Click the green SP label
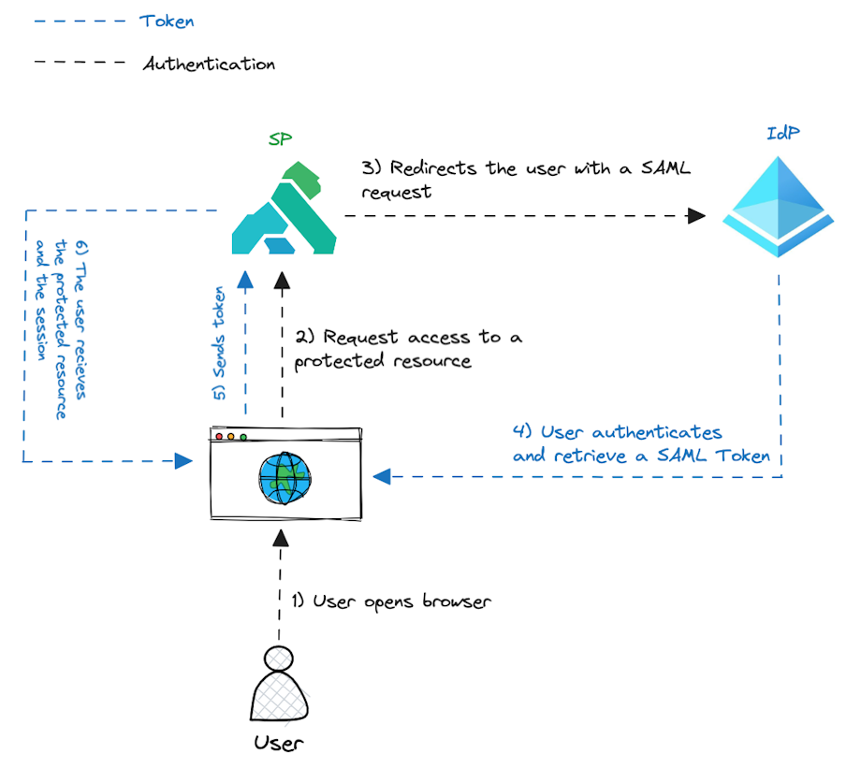point(280,139)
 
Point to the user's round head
point(278,659)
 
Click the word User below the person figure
point(279,744)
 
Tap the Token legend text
point(167,21)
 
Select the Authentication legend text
point(209,65)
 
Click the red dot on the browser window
point(220,437)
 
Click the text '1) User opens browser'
point(389,601)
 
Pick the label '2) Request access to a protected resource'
point(409,348)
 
